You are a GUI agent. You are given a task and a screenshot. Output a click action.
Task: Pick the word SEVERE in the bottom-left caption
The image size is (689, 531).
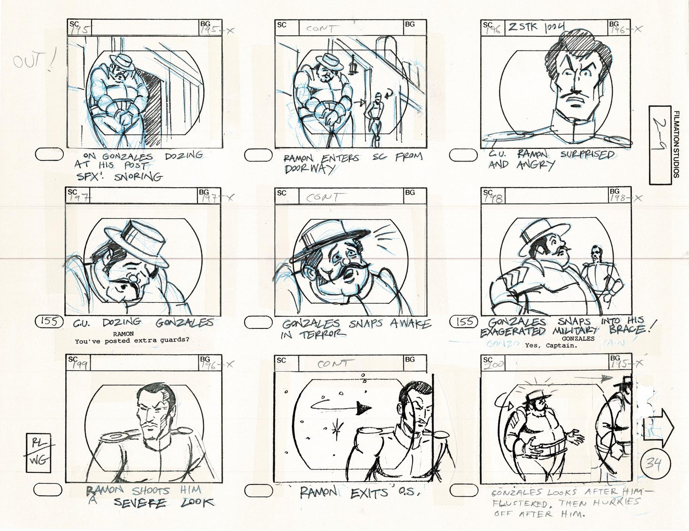click(x=139, y=503)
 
